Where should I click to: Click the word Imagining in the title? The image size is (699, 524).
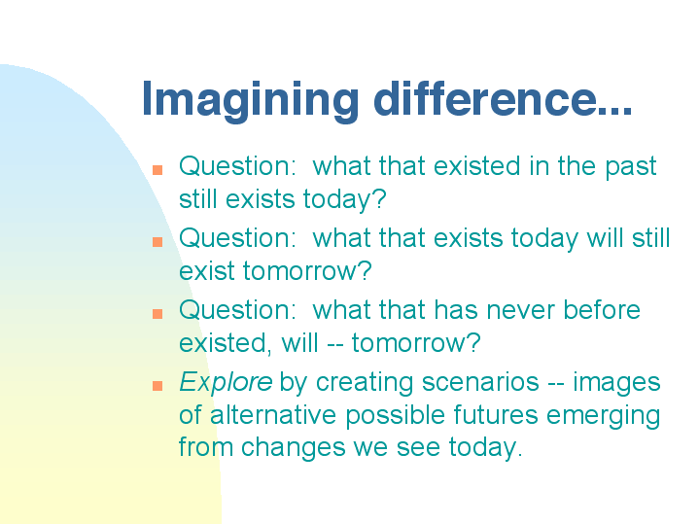coord(250,101)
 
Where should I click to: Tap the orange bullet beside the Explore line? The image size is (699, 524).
coord(157,385)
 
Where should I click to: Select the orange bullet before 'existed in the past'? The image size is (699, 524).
coord(157,170)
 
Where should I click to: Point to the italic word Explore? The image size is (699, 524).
coord(226,383)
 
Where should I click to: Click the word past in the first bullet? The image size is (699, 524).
coord(630,167)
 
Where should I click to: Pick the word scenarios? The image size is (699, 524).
coord(480,382)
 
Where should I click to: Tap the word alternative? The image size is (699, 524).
coord(273,415)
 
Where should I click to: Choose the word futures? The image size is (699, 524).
coord(496,415)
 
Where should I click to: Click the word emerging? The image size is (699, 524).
coord(603,416)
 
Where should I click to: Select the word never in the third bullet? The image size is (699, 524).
coord(520,310)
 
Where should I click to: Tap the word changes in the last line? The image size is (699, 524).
coord(293,448)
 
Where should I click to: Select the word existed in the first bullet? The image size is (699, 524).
coord(476,166)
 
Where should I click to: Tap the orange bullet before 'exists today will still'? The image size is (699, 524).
coord(157,242)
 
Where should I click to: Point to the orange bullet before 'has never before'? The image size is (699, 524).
coord(157,313)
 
